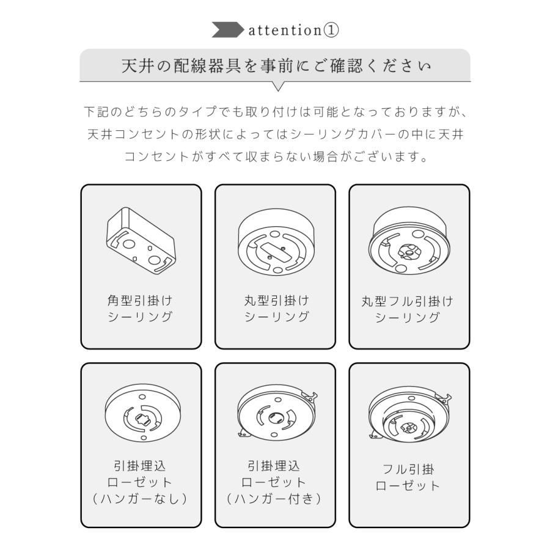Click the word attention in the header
[x=284, y=31]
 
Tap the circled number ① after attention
[x=331, y=31]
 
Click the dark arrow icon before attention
[x=228, y=30]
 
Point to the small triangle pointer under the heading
[x=278, y=86]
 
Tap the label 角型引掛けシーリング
[x=141, y=309]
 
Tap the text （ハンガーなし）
[x=141, y=499]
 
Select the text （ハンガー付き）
[x=274, y=499]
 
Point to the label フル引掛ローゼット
[x=408, y=478]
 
